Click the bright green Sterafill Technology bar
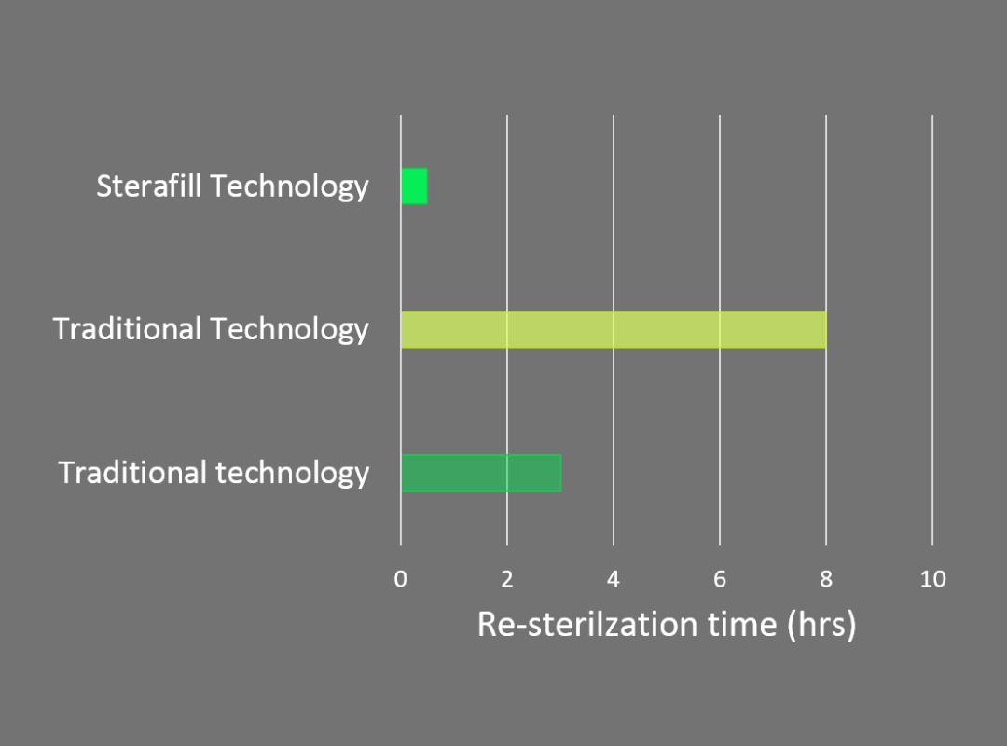pyautogui.click(x=414, y=186)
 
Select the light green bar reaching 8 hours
pyautogui.click(x=614, y=329)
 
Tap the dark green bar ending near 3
pyautogui.click(x=481, y=473)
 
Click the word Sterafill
pyautogui.click(x=149, y=186)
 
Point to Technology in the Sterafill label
pyautogui.click(x=290, y=187)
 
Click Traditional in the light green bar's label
pyautogui.click(x=127, y=329)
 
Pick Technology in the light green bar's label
pyautogui.click(x=290, y=330)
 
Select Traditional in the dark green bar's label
pyautogui.click(x=132, y=472)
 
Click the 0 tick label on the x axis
pyautogui.click(x=401, y=579)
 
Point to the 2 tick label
pyautogui.click(x=507, y=579)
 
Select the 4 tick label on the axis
pyautogui.click(x=614, y=579)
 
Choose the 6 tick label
pyautogui.click(x=720, y=579)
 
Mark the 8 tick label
pyautogui.click(x=826, y=579)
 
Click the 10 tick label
pyautogui.click(x=933, y=579)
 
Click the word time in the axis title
pyautogui.click(x=742, y=624)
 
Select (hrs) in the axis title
pyautogui.click(x=822, y=625)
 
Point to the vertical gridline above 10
pyautogui.click(x=932, y=330)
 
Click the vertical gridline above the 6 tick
pyautogui.click(x=720, y=330)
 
